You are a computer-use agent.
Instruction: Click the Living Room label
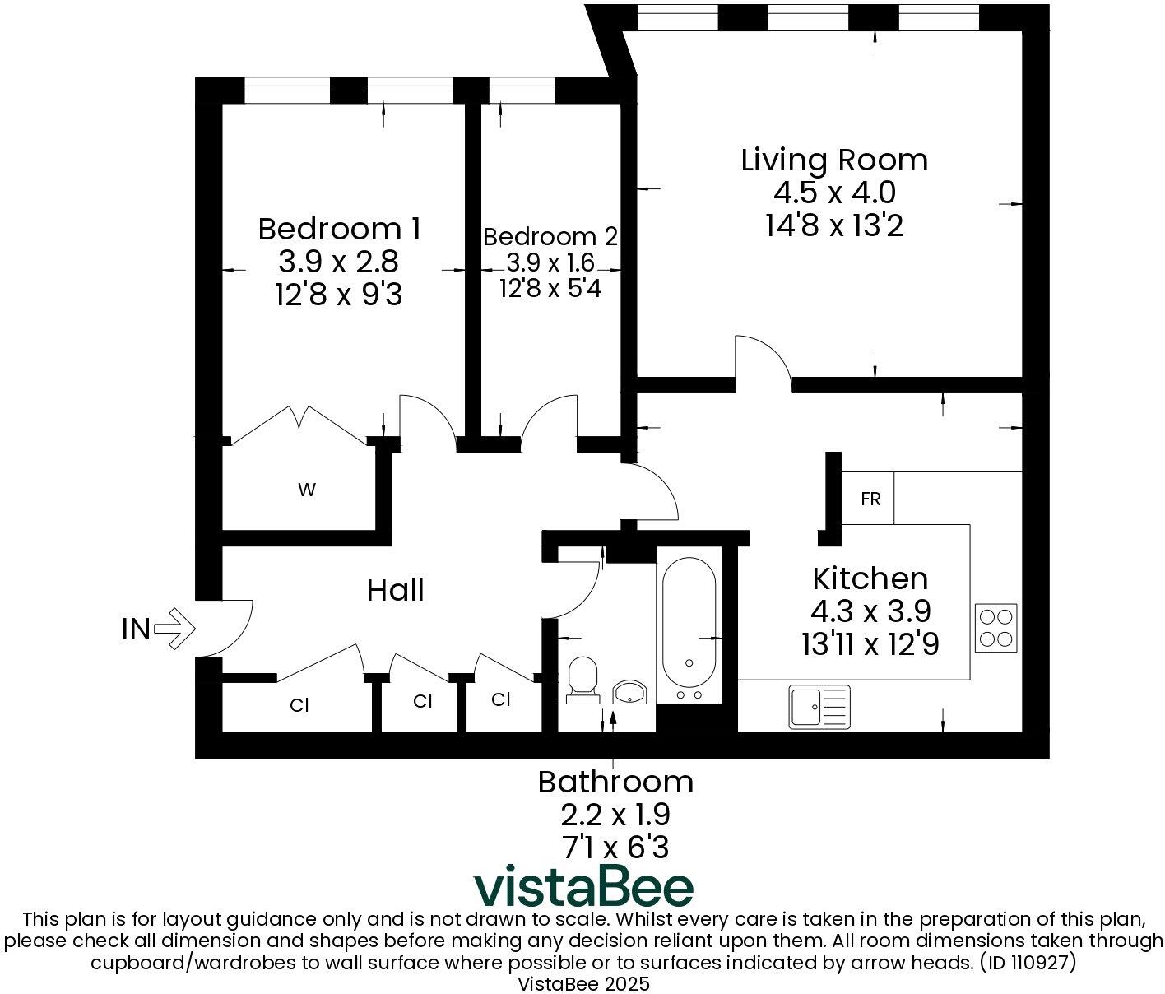(x=833, y=160)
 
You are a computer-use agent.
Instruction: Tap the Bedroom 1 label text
(x=339, y=229)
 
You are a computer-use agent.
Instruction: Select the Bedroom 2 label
(x=550, y=237)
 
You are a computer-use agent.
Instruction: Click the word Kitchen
(x=870, y=578)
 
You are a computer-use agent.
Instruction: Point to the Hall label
(x=395, y=590)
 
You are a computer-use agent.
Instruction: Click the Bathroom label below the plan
(x=615, y=782)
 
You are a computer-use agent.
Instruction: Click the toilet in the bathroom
(x=582, y=680)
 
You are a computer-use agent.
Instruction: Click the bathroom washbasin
(x=631, y=692)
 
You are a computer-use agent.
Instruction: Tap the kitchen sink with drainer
(x=819, y=707)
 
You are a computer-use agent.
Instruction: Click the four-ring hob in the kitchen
(x=996, y=627)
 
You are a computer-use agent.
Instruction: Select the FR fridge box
(x=870, y=499)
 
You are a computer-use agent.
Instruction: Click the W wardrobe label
(x=306, y=490)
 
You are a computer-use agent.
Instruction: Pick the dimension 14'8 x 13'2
(x=833, y=225)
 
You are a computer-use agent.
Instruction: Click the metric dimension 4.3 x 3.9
(x=870, y=611)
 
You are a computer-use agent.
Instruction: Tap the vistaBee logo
(x=583, y=887)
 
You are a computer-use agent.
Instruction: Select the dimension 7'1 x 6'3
(x=615, y=847)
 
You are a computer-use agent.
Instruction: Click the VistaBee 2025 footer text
(x=582, y=983)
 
